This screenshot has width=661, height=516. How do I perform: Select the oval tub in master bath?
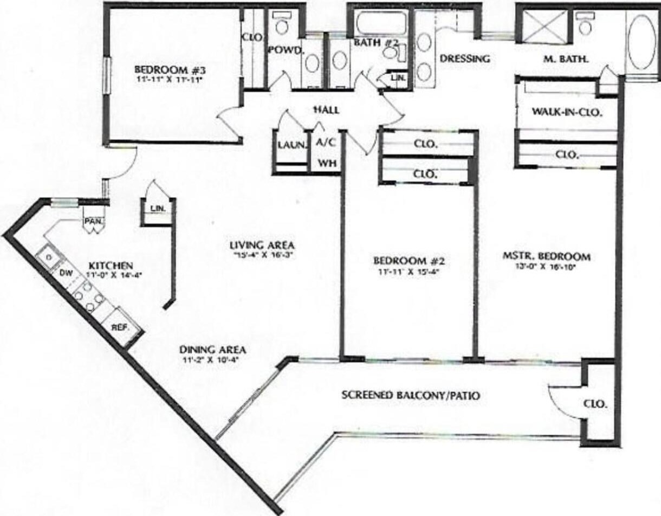643,41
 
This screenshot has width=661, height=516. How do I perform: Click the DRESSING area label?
464,59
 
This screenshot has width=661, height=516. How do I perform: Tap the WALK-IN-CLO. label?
567,113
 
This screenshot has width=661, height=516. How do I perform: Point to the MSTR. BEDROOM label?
546,256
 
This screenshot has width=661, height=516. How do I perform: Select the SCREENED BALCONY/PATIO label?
411,396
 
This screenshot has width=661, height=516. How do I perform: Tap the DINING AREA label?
213,350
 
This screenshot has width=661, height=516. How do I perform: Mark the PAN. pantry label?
90,221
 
